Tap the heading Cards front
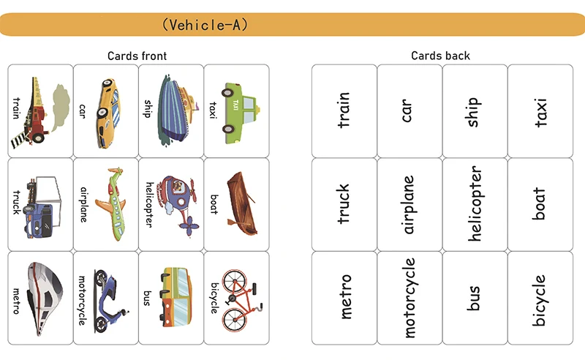[x=137, y=56]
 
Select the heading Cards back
[x=440, y=56]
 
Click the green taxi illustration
[x=241, y=110]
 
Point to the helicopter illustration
[x=178, y=203]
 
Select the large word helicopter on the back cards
[x=475, y=204]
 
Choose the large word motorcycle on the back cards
[x=409, y=298]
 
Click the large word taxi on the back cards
[x=540, y=111]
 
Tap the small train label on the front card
[x=16, y=111]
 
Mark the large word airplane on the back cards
[x=409, y=204]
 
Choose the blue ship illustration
[x=175, y=110]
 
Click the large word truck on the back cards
[x=344, y=204]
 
